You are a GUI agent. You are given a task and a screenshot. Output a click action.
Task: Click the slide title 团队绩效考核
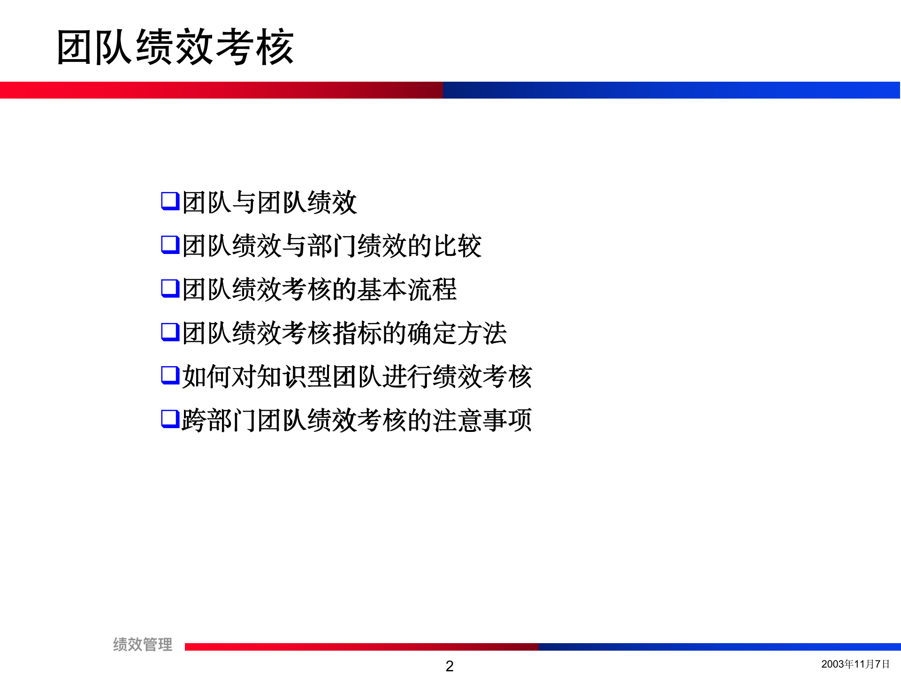tap(175, 47)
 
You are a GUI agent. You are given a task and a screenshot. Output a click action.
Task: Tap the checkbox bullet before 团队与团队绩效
tap(170, 201)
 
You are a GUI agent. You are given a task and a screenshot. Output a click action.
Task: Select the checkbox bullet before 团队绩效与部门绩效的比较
tap(170, 245)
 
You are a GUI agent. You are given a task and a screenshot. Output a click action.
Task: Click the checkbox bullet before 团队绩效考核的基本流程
tap(170, 289)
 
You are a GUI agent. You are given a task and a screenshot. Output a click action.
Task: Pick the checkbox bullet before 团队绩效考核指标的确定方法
tap(170, 332)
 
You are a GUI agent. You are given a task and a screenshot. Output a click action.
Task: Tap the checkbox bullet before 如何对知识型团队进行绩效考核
tap(170, 376)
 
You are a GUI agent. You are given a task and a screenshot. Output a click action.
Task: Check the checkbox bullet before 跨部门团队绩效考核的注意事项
tap(170, 419)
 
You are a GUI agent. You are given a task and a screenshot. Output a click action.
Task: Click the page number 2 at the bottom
tap(450, 666)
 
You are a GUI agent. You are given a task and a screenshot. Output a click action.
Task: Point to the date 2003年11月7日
tap(855, 664)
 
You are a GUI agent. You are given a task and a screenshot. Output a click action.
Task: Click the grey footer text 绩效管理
tap(143, 645)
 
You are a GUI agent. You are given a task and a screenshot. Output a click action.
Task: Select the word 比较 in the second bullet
tap(457, 246)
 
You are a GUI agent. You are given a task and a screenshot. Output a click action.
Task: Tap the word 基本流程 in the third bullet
tap(406, 289)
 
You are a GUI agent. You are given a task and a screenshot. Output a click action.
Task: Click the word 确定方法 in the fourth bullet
tap(457, 333)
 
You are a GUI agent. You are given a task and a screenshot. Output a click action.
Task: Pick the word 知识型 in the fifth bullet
tap(294, 376)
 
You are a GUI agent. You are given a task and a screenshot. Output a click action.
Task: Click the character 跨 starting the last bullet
tap(194, 420)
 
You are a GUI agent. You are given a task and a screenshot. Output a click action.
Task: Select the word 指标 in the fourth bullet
tap(357, 333)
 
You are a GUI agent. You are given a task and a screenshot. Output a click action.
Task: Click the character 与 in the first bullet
tap(244, 202)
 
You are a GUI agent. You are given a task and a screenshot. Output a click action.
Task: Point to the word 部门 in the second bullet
tap(332, 246)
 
